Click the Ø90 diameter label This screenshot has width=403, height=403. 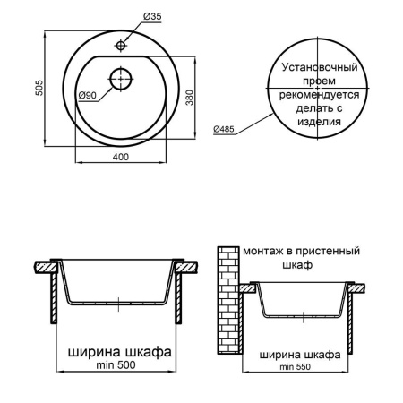pos(87,96)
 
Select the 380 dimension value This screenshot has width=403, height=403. pos(188,98)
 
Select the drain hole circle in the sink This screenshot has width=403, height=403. pos(117,79)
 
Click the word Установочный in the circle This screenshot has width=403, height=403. pos(320,68)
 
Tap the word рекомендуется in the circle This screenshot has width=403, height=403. pos(320,95)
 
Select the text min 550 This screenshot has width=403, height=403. pos(300,367)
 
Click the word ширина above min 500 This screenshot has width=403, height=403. pos(88,352)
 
